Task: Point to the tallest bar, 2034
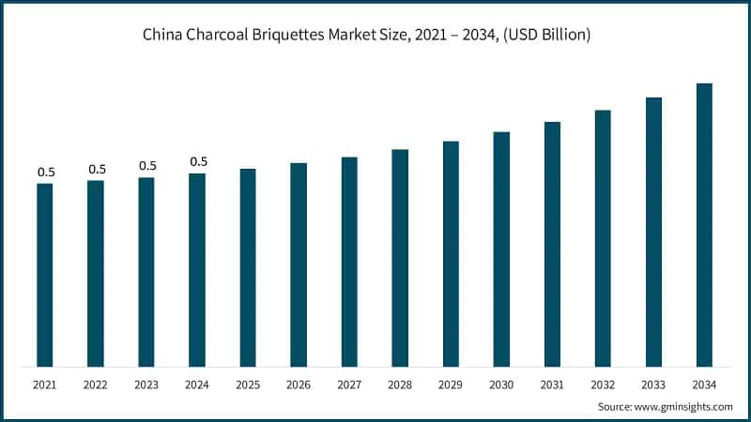pyautogui.click(x=704, y=224)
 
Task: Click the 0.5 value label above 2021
pyautogui.click(x=46, y=172)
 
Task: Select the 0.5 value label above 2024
pyautogui.click(x=198, y=161)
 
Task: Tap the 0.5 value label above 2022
pyautogui.click(x=97, y=169)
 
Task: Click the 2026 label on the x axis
pyautogui.click(x=299, y=384)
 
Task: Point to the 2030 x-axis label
pyautogui.click(x=501, y=384)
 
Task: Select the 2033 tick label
pyautogui.click(x=653, y=384)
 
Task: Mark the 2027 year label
pyautogui.click(x=349, y=384)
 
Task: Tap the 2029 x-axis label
pyautogui.click(x=451, y=384)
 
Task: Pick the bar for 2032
pyautogui.click(x=603, y=238)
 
